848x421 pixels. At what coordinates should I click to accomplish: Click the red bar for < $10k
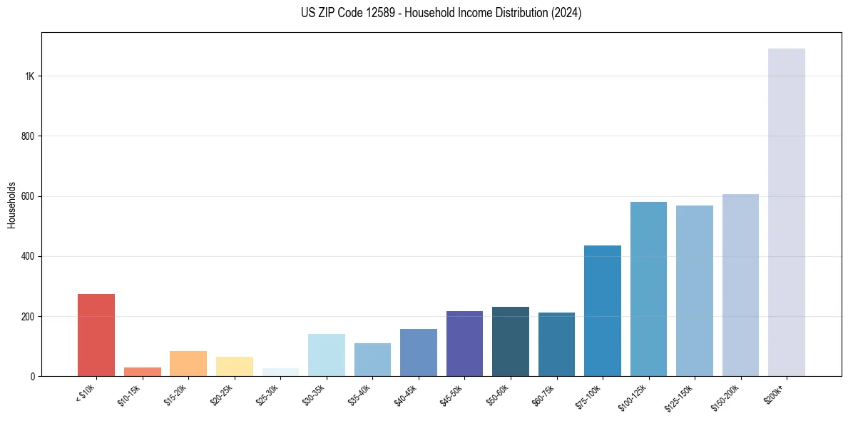pyautogui.click(x=96, y=335)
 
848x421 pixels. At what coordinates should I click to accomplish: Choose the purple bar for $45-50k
pyautogui.click(x=464, y=343)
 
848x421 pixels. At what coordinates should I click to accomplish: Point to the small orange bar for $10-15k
pyautogui.click(x=142, y=372)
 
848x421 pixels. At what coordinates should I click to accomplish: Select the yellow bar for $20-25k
pyautogui.click(x=234, y=366)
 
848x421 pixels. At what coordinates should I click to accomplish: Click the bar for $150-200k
pyautogui.click(x=740, y=285)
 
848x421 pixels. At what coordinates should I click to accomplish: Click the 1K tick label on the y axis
pyautogui.click(x=29, y=76)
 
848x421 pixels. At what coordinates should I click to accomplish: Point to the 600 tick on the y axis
pyautogui.click(x=27, y=196)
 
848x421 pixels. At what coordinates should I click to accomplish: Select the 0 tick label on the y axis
pyautogui.click(x=31, y=376)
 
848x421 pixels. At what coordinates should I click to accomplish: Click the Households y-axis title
pyautogui.click(x=11, y=205)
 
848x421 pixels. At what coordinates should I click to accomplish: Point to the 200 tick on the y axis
pyautogui.click(x=27, y=316)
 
